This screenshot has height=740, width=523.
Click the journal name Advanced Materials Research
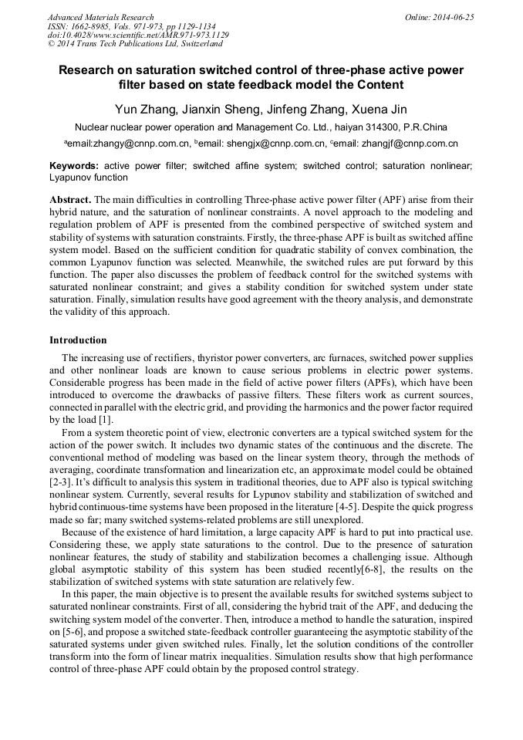[x=100, y=17]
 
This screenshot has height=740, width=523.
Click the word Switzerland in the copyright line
[x=194, y=44]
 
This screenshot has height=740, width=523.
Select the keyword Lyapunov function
[x=89, y=177]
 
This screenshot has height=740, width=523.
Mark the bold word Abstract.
[x=70, y=199]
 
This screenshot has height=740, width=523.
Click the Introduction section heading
[x=78, y=340]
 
